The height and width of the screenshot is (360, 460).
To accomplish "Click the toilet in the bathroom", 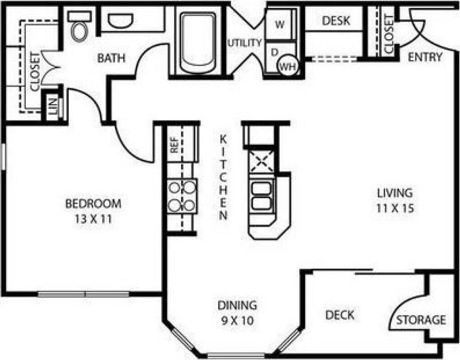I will (80, 29).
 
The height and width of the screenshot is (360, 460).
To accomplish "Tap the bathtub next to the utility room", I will (198, 43).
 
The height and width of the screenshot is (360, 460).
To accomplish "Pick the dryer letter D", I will (274, 52).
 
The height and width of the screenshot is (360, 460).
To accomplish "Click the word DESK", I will (336, 21).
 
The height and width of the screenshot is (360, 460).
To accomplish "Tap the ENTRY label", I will (425, 57).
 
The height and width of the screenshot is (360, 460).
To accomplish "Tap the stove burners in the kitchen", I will (182, 196).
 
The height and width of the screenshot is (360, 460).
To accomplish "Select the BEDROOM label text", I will (94, 204).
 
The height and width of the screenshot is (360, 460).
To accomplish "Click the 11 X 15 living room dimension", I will (395, 209).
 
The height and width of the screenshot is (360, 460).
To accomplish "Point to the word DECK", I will (340, 315).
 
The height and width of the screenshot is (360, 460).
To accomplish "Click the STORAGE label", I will (421, 320).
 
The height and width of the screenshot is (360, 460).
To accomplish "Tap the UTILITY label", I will (244, 43).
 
